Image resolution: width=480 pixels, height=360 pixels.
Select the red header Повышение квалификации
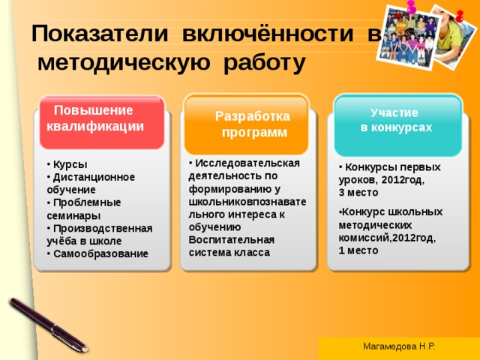pyautogui.click(x=95, y=118)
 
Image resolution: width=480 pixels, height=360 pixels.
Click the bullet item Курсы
pyautogui.click(x=68, y=164)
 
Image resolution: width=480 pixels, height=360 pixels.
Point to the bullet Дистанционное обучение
pyautogui.click(x=88, y=183)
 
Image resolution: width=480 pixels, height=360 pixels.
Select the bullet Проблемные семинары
pyautogui.click(x=82, y=208)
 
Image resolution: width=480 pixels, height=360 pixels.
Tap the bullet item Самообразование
pyautogui.click(x=99, y=253)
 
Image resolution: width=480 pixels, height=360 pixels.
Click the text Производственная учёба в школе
pyautogui.click(x=97, y=234)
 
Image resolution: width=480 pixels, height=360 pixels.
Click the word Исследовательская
pyautogui.click(x=247, y=163)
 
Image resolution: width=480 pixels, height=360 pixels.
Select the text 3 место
pyautogui.click(x=353, y=193)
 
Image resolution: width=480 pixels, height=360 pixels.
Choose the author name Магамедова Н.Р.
pyautogui.click(x=398, y=346)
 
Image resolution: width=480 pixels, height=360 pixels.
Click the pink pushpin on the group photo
pyautogui.click(x=411, y=6)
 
